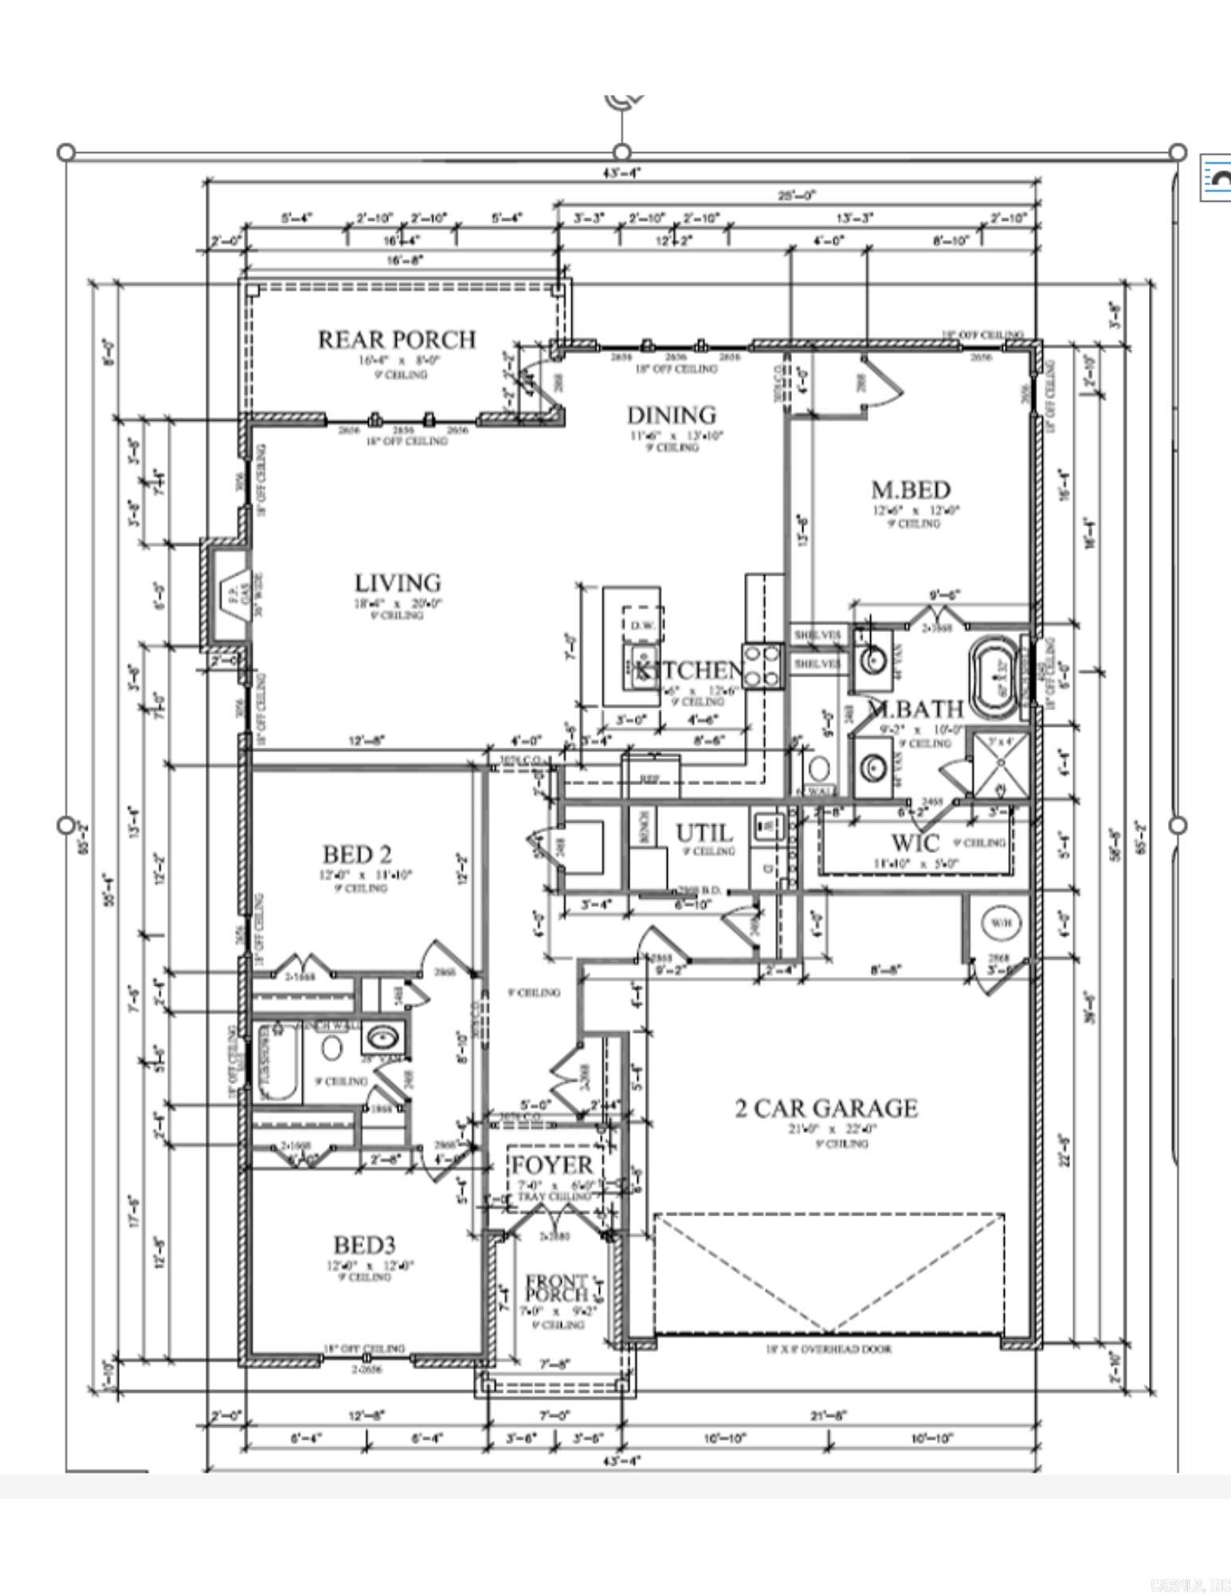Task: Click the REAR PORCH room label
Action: tap(396, 340)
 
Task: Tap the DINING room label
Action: tap(671, 415)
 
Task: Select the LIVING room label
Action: tap(398, 583)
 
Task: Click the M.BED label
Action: tap(910, 489)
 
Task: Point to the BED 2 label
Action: tap(357, 854)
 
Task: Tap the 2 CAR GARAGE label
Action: tap(825, 1109)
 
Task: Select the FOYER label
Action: tap(551, 1165)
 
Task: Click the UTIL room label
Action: tap(704, 834)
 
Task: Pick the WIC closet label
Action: tap(915, 842)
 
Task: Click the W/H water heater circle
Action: tap(1001, 923)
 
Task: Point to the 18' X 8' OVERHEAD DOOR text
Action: tap(829, 1349)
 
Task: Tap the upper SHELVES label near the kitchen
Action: tap(817, 635)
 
